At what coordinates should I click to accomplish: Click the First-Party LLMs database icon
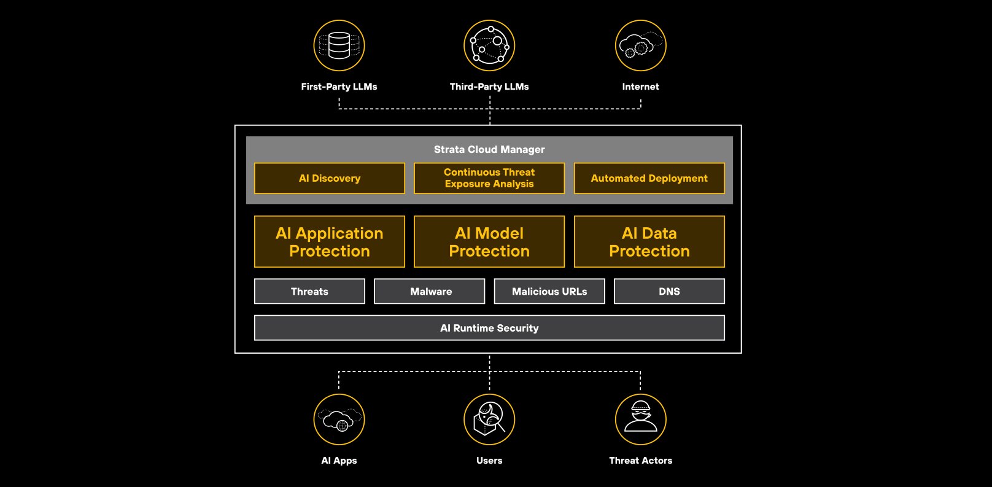(x=339, y=45)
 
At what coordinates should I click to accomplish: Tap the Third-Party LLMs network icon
(x=489, y=45)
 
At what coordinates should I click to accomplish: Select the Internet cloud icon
(x=640, y=45)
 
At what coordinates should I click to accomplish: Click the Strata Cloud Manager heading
(x=489, y=149)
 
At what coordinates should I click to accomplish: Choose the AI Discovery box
(x=330, y=178)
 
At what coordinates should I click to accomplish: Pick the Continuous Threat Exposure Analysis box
(x=489, y=178)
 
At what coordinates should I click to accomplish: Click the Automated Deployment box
(x=649, y=178)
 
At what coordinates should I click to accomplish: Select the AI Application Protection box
(x=330, y=241)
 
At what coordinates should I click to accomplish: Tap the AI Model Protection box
(x=489, y=241)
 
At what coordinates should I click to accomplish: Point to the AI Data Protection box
(x=649, y=241)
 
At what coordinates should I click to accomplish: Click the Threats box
(x=309, y=291)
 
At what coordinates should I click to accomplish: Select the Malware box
(x=430, y=291)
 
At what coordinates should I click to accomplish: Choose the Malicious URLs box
(x=549, y=291)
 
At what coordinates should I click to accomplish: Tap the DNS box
(x=669, y=291)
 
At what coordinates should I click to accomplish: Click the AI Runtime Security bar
(x=489, y=328)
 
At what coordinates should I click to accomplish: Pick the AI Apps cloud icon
(x=339, y=419)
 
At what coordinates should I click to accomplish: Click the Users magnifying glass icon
(x=489, y=419)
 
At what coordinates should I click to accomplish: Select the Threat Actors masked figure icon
(x=640, y=419)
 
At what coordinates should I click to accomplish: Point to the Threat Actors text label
(x=640, y=461)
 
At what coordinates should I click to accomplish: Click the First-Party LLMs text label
(x=339, y=87)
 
